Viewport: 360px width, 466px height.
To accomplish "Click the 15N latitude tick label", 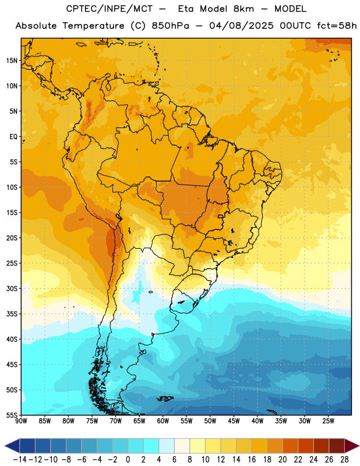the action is coord(12,61).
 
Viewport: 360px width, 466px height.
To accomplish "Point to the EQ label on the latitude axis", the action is coord(13,137).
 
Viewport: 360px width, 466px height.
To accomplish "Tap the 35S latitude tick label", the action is coord(12,314).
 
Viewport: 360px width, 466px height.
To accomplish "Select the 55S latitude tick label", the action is coord(12,415).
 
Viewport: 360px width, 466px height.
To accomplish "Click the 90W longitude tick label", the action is coord(21,421).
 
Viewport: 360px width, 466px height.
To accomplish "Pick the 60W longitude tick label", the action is coord(163,421).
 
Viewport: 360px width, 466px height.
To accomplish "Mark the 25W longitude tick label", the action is coord(328,421).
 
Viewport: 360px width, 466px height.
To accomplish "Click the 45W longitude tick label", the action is coord(234,421).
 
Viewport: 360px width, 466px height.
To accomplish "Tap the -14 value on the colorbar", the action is coord(20,460).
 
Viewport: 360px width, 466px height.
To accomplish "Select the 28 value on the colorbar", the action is coord(344,460).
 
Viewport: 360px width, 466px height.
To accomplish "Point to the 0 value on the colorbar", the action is coord(128,460).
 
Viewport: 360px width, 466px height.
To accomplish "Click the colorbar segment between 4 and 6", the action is coord(167,446).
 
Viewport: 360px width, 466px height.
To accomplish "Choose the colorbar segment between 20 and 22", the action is coord(290,446).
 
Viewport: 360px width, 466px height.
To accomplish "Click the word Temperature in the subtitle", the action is coord(93,26).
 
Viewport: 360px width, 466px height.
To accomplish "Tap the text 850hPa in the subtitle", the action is coord(170,26).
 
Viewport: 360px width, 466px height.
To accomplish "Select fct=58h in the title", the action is coord(337,26).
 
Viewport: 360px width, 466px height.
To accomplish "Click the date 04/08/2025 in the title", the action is coord(241,26).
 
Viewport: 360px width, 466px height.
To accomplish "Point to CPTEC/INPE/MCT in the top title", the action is coord(110,9).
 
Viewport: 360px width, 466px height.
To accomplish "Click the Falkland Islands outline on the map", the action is coord(165,398).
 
